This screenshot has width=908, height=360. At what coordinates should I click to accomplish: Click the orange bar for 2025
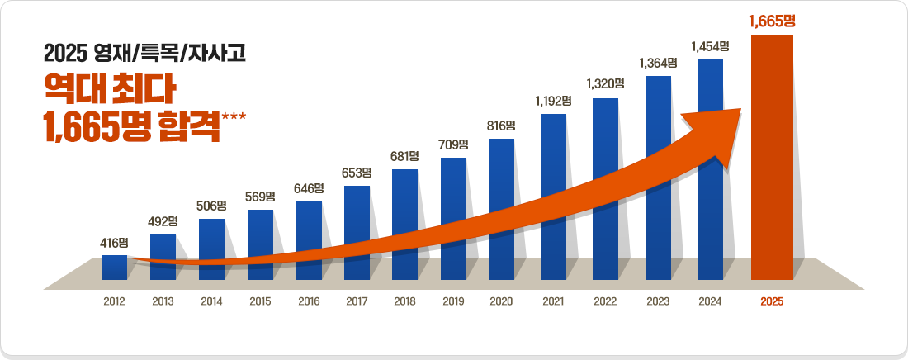772,157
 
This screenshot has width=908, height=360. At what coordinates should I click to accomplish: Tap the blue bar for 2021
553,198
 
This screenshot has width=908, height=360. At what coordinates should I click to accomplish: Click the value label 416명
114,243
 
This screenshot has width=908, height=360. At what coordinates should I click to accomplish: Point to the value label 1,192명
553,101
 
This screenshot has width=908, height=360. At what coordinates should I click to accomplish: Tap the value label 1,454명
711,45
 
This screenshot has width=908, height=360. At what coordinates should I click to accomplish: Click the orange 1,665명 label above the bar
772,21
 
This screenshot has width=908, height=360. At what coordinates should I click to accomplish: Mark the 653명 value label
357,173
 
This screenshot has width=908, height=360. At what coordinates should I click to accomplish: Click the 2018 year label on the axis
404,302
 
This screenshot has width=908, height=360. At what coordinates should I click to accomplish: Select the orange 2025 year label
772,302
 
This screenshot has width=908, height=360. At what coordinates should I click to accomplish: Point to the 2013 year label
163,302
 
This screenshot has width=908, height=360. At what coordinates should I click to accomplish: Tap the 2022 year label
605,302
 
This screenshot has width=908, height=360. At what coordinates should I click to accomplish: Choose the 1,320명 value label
605,83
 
